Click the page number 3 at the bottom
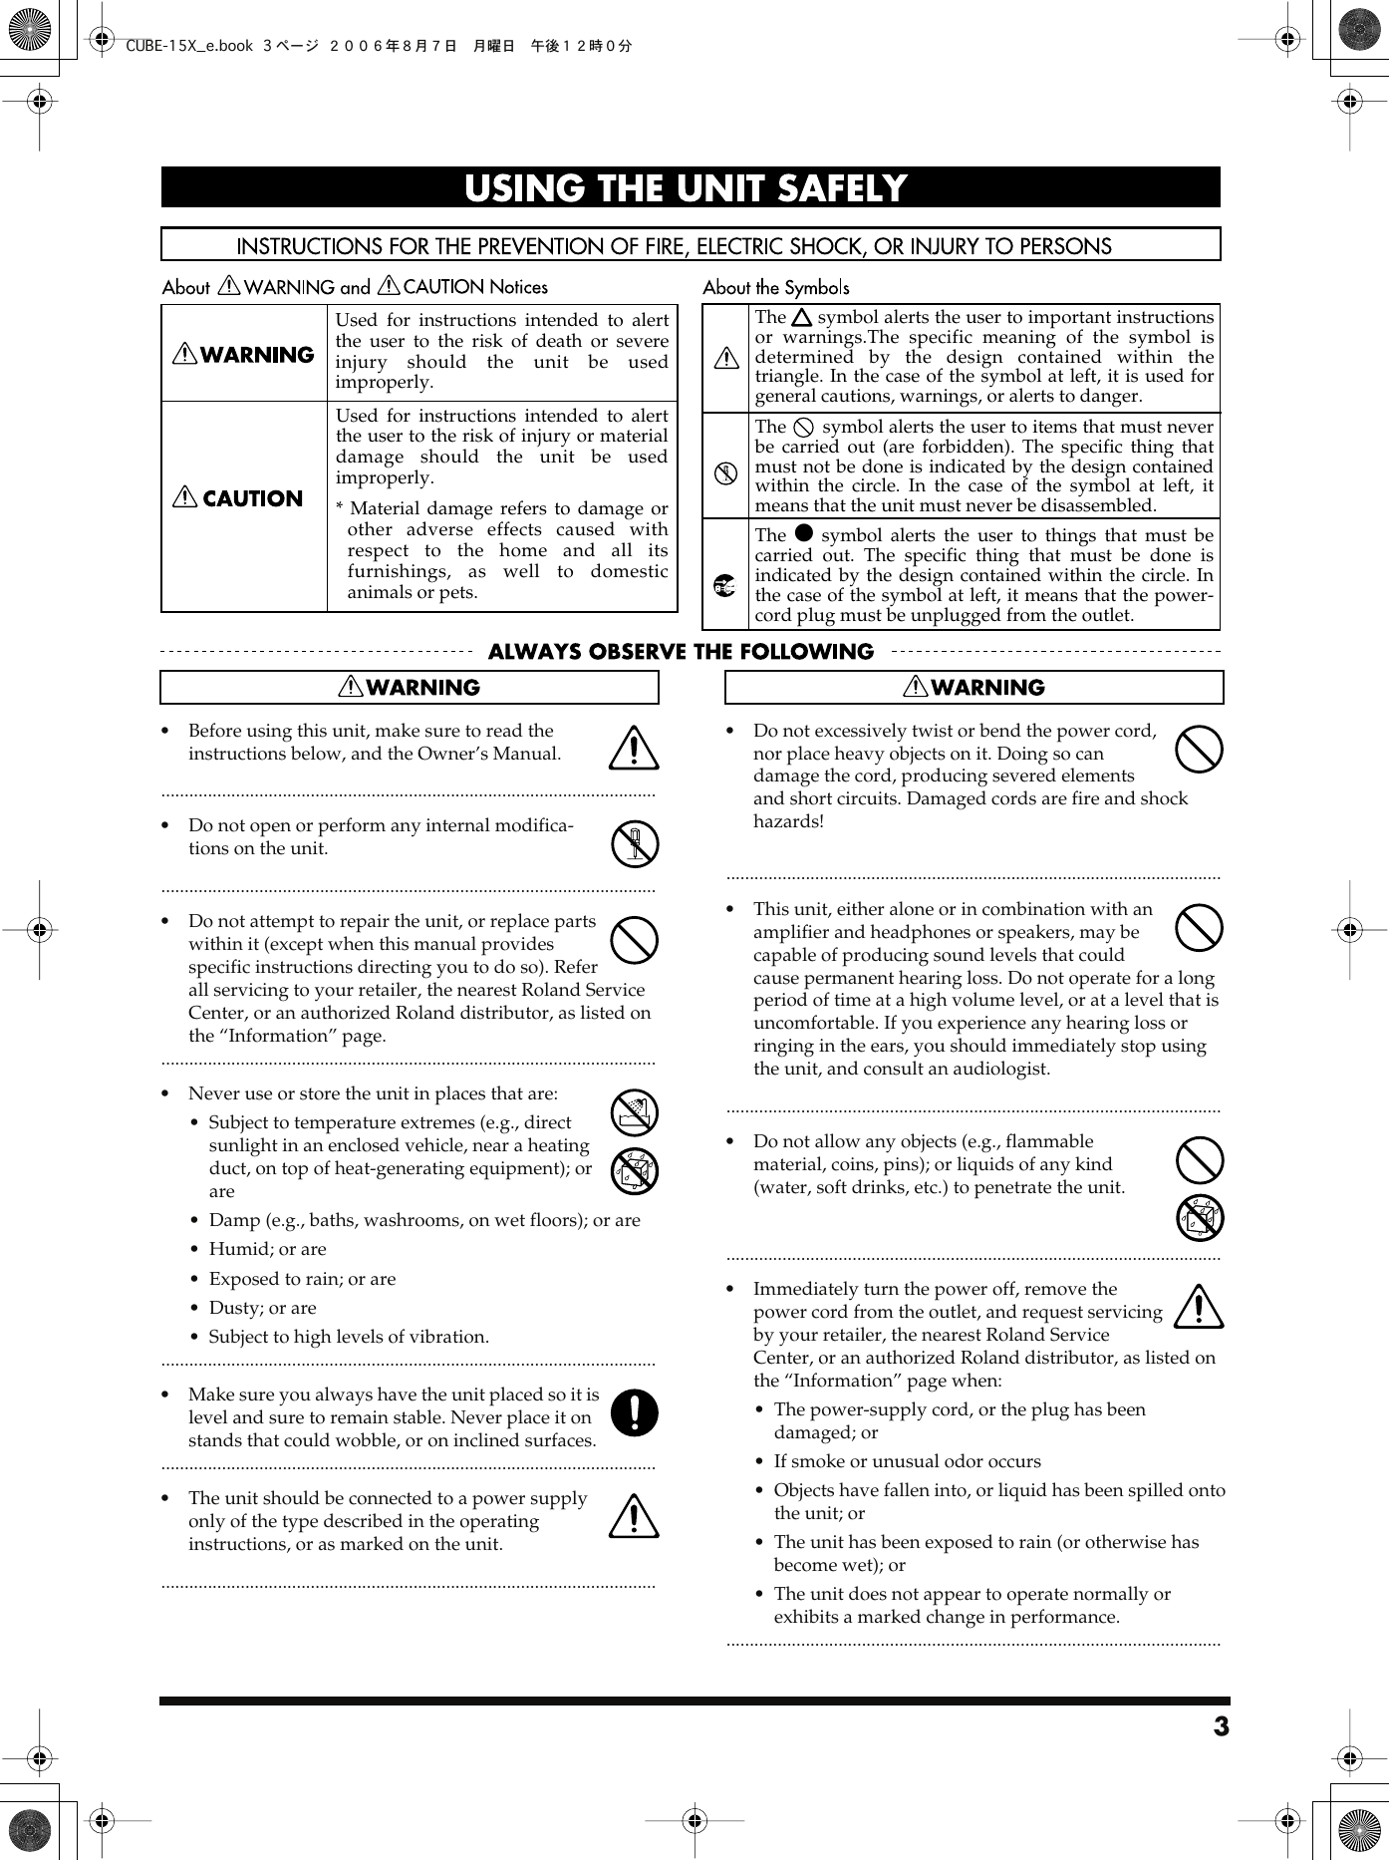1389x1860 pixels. coord(1221,1726)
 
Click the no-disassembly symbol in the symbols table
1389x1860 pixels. coord(725,473)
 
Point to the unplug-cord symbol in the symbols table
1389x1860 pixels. coord(725,586)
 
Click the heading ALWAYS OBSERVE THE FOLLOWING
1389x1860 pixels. coord(681,652)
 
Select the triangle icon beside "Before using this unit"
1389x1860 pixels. coord(634,749)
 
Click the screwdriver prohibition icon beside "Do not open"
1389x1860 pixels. coord(634,844)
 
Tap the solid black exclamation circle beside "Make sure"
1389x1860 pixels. coord(634,1412)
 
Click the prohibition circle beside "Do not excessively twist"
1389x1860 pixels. coord(1199,750)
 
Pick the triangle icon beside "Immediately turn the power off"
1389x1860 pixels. coord(1199,1307)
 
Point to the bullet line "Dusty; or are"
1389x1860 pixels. coord(262,1308)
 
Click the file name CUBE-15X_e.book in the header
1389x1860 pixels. coord(189,46)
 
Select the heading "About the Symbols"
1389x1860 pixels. coord(776,288)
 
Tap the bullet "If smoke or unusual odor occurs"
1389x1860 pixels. coord(907,1461)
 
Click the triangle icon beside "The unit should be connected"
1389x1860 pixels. coord(634,1517)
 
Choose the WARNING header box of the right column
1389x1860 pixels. coord(973,688)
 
